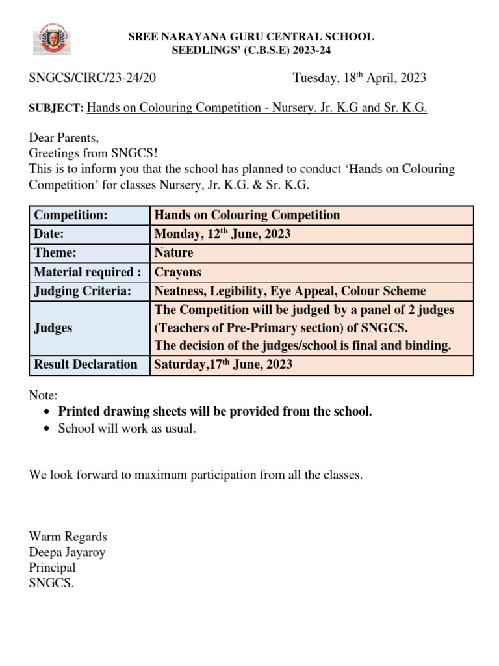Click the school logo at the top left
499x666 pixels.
[x=53, y=40]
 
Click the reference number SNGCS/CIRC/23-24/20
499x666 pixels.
[x=92, y=78]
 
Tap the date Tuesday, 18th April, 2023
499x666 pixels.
[x=359, y=78]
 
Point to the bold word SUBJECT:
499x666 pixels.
[x=57, y=108]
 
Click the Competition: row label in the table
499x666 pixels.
[x=70, y=215]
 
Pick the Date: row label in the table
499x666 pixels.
[x=49, y=234]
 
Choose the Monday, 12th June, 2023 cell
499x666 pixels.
[x=222, y=234]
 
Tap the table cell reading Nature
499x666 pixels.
[x=173, y=253]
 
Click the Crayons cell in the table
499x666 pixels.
[x=177, y=272]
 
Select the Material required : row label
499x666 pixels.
[x=87, y=272]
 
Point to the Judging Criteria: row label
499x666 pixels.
[x=82, y=291]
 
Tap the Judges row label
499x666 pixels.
[x=53, y=328]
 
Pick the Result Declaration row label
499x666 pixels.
[x=85, y=364]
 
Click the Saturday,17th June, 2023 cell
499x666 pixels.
[x=223, y=364]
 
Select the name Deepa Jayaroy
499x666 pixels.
[x=67, y=552]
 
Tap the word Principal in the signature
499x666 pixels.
[x=52, y=568]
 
